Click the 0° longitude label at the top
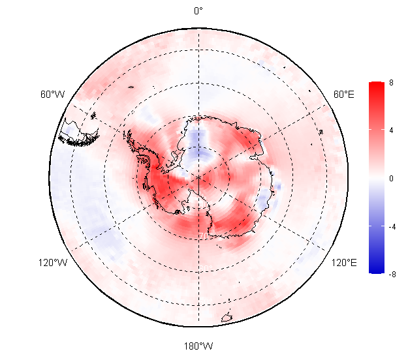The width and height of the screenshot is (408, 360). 198,11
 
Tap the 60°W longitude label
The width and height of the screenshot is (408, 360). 52,94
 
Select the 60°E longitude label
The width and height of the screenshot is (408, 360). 344,94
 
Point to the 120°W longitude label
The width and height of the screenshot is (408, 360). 53,263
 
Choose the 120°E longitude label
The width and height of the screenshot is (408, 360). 344,263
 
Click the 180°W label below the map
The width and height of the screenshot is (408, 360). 198,346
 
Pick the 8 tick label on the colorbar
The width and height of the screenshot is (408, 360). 391,83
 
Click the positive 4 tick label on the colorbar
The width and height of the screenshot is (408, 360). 391,130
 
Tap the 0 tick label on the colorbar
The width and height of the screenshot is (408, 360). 391,179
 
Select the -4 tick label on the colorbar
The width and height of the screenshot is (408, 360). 392,227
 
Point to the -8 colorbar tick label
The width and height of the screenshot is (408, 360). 392,274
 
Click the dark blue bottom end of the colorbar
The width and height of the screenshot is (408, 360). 377,270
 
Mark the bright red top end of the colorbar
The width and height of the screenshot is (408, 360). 377,85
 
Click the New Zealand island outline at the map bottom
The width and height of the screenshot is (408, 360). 227,317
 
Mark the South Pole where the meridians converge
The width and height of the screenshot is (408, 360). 199,178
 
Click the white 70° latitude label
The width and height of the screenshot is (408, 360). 204,236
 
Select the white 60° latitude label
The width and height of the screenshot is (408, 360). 206,268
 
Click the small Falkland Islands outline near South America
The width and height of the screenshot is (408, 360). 93,115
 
